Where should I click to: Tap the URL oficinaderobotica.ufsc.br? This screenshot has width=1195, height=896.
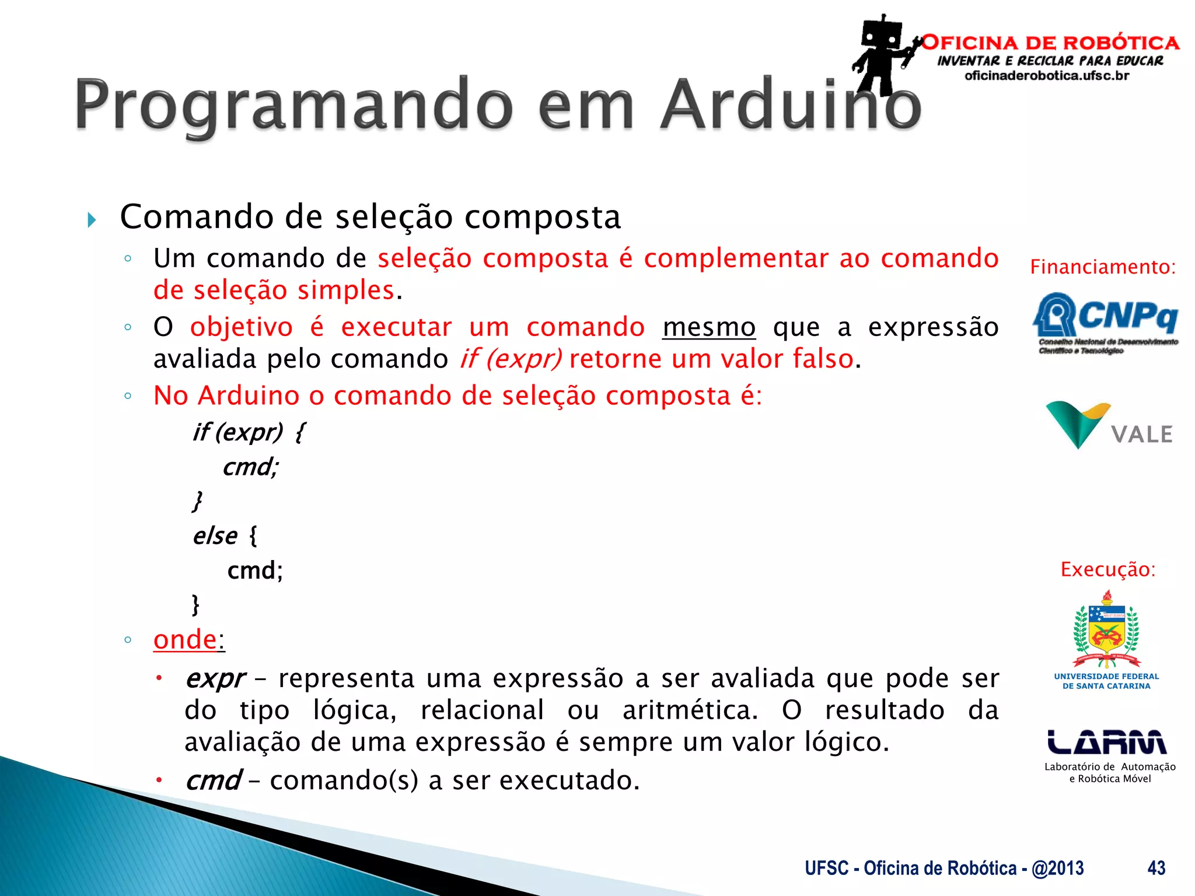(x=1047, y=76)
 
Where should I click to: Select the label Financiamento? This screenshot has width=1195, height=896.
(x=1102, y=267)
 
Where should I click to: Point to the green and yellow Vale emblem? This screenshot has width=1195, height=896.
(x=1077, y=423)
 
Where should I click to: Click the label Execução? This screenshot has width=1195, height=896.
(x=1107, y=569)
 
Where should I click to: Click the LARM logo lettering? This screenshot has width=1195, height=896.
(x=1106, y=742)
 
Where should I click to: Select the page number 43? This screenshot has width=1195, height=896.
(x=1156, y=868)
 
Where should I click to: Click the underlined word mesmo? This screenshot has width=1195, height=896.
(x=709, y=327)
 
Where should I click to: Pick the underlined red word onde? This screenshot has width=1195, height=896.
(x=185, y=639)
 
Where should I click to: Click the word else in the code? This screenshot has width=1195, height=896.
(x=215, y=536)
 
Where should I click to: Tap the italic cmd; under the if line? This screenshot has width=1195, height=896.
(x=250, y=467)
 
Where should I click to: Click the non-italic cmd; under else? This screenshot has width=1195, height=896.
(x=255, y=570)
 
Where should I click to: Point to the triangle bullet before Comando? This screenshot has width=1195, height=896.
(x=92, y=220)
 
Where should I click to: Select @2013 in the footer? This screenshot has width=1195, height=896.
(x=1057, y=868)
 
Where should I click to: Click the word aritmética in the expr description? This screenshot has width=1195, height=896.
(x=690, y=710)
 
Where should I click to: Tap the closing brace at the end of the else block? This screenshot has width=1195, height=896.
(x=195, y=604)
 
